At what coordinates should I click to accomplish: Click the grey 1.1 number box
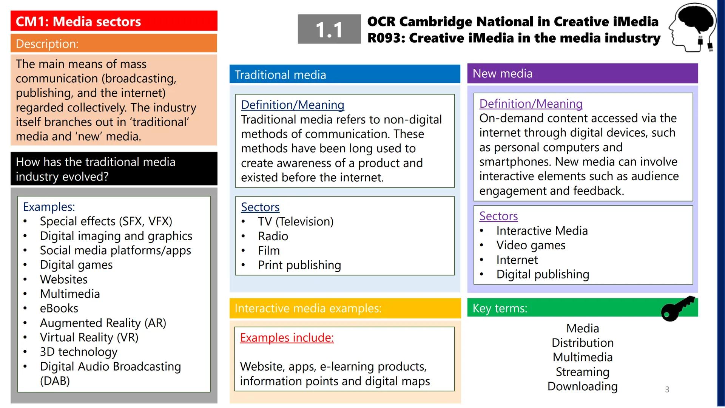pyautogui.click(x=329, y=29)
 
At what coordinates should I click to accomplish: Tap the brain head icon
pyautogui.click(x=693, y=27)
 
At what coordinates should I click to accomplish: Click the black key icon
pyautogui.click(x=678, y=308)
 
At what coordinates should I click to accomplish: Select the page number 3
pyautogui.click(x=667, y=389)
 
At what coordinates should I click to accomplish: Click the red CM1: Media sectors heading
pyautogui.click(x=78, y=22)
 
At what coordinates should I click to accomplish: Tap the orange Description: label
pyautogui.click(x=47, y=44)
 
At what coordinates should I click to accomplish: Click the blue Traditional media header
pyautogui.click(x=280, y=74)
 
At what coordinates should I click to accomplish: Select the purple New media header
pyautogui.click(x=502, y=73)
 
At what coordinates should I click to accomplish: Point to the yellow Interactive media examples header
pyautogui.click(x=308, y=308)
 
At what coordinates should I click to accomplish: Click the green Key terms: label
pyautogui.click(x=500, y=308)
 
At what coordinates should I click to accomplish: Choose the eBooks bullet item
pyautogui.click(x=59, y=308)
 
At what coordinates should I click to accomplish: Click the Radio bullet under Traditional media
pyautogui.click(x=273, y=236)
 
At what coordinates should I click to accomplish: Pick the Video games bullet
pyautogui.click(x=531, y=245)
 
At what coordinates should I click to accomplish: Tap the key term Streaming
pyautogui.click(x=582, y=372)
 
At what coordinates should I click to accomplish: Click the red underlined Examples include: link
pyautogui.click(x=287, y=337)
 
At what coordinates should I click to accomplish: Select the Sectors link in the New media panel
pyautogui.click(x=498, y=216)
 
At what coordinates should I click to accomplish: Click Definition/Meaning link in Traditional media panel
pyautogui.click(x=292, y=105)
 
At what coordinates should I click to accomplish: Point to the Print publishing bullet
pyautogui.click(x=299, y=265)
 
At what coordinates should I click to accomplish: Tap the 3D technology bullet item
pyautogui.click(x=79, y=352)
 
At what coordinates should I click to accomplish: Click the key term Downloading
pyautogui.click(x=582, y=386)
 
